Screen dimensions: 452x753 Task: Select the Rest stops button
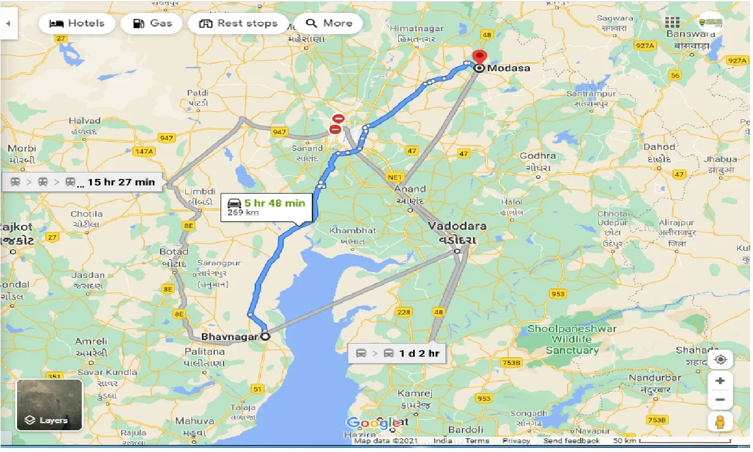(238, 24)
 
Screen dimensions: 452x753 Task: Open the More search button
(329, 24)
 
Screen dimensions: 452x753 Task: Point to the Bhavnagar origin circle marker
(265, 337)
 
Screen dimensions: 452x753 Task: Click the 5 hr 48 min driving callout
(266, 207)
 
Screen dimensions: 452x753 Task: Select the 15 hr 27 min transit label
(82, 182)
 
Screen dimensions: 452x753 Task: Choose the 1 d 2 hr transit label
(397, 353)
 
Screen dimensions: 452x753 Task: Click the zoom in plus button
(720, 381)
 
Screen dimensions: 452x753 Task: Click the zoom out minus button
(720, 401)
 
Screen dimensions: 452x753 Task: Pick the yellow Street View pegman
(720, 421)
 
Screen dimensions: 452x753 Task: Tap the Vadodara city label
(457, 227)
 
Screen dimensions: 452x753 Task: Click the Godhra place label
(538, 156)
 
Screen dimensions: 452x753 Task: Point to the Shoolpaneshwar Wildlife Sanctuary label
(563, 340)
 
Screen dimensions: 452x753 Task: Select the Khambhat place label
(352, 230)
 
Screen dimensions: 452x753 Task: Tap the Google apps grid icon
(672, 22)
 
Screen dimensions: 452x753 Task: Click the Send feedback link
(571, 441)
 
